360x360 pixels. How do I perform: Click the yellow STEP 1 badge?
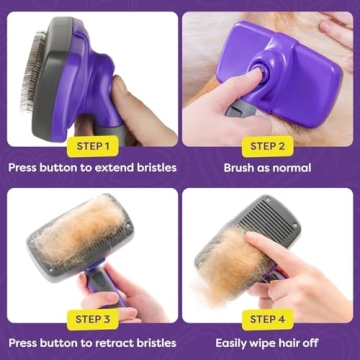(91, 146)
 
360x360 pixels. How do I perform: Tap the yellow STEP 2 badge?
(268, 146)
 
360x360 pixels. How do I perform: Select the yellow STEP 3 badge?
(91, 319)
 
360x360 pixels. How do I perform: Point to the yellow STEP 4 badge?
(268, 319)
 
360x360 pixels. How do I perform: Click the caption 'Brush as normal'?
(268, 168)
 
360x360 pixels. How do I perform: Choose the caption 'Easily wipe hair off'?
(268, 341)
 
